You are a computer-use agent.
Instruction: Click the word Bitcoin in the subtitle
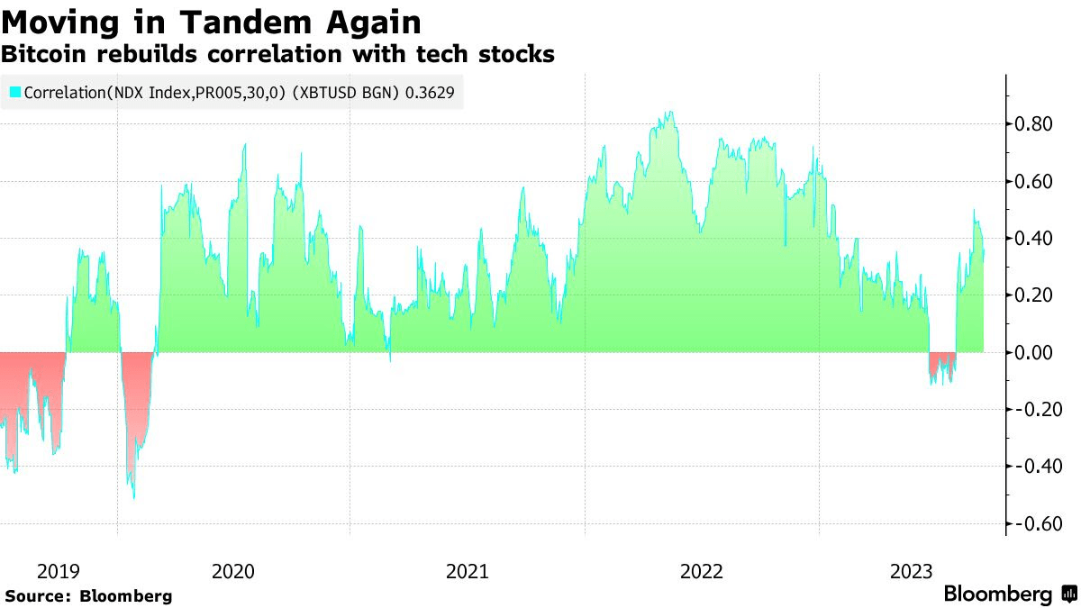click(x=45, y=54)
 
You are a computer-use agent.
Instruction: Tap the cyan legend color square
click(x=14, y=92)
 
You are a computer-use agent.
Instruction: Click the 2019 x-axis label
click(x=59, y=571)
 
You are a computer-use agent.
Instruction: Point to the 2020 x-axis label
click(x=232, y=571)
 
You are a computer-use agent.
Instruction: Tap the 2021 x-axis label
click(x=468, y=571)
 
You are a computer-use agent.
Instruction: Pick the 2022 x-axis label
click(x=702, y=571)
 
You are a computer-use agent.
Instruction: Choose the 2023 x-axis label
click(x=912, y=571)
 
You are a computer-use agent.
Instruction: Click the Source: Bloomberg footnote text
click(x=88, y=596)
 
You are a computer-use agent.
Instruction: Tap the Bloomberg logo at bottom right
click(x=1009, y=594)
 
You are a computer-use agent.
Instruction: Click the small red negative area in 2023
click(x=941, y=362)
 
